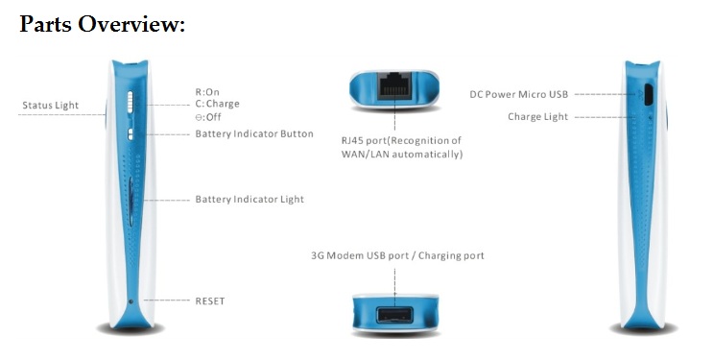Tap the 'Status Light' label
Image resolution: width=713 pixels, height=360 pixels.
(x=50, y=105)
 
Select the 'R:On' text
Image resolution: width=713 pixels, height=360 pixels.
(x=207, y=92)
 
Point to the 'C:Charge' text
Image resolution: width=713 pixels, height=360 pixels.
(x=217, y=104)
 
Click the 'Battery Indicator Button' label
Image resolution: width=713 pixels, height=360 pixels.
(x=254, y=133)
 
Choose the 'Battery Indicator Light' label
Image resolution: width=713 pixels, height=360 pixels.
(x=250, y=199)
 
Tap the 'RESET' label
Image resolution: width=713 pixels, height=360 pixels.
(x=209, y=300)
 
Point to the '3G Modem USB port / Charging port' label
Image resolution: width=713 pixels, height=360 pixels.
(x=397, y=256)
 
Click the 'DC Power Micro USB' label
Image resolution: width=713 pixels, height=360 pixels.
(x=518, y=94)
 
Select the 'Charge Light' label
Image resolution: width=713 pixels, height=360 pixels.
(x=537, y=117)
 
